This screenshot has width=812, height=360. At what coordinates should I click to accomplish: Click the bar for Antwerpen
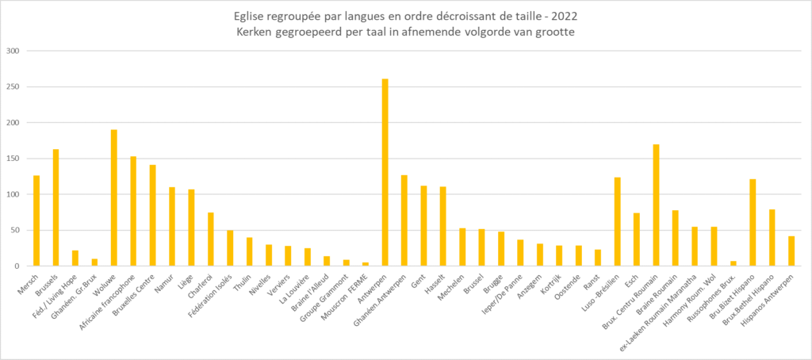point(385,173)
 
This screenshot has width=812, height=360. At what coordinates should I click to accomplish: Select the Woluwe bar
point(114,198)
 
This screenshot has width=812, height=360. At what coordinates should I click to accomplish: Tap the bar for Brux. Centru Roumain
point(656,205)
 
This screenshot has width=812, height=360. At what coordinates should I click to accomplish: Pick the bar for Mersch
point(36,220)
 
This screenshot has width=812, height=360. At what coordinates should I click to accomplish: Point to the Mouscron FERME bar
point(366,264)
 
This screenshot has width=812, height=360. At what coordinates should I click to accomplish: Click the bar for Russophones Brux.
point(733,263)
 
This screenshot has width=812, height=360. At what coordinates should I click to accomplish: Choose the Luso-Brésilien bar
point(617,222)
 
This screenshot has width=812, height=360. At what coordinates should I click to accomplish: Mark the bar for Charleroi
point(211,239)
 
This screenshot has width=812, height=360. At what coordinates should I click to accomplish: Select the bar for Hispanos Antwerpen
point(791,251)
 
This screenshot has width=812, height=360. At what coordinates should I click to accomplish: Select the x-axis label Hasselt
point(435,281)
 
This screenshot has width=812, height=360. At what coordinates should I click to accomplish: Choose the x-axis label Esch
point(631,278)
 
